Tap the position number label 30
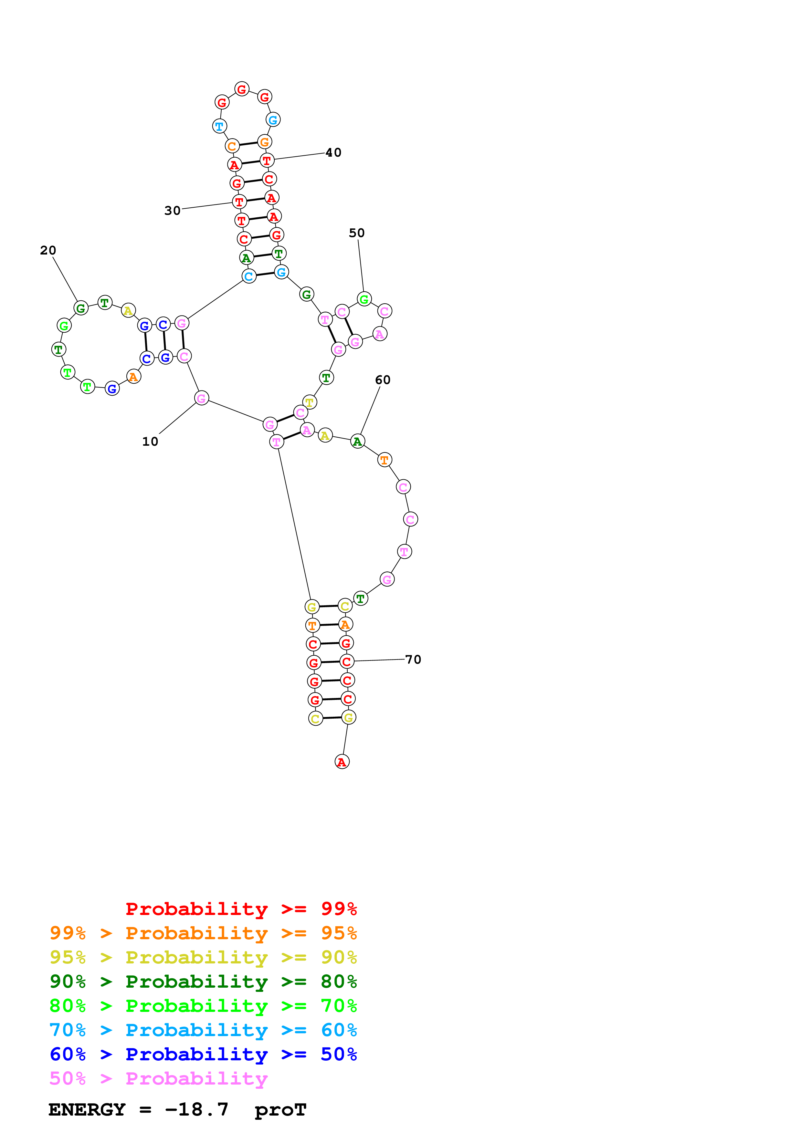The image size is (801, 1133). point(172,211)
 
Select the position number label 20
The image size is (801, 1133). point(48,250)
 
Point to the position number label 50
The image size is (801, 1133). point(356,233)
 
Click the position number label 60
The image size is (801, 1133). point(383,379)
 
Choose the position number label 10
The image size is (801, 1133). point(150,442)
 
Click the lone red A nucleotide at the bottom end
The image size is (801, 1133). point(342,762)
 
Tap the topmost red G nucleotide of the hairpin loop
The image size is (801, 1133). point(241,89)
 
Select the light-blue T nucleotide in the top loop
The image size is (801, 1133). point(219,126)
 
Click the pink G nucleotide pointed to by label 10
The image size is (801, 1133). point(201,398)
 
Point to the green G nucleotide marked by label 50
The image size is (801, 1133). point(364,299)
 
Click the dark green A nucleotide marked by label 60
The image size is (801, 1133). point(357,441)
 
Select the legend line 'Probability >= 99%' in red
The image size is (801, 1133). point(241,909)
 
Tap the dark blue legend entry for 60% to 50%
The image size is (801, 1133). point(203,1054)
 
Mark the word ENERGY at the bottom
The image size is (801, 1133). point(87,1109)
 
